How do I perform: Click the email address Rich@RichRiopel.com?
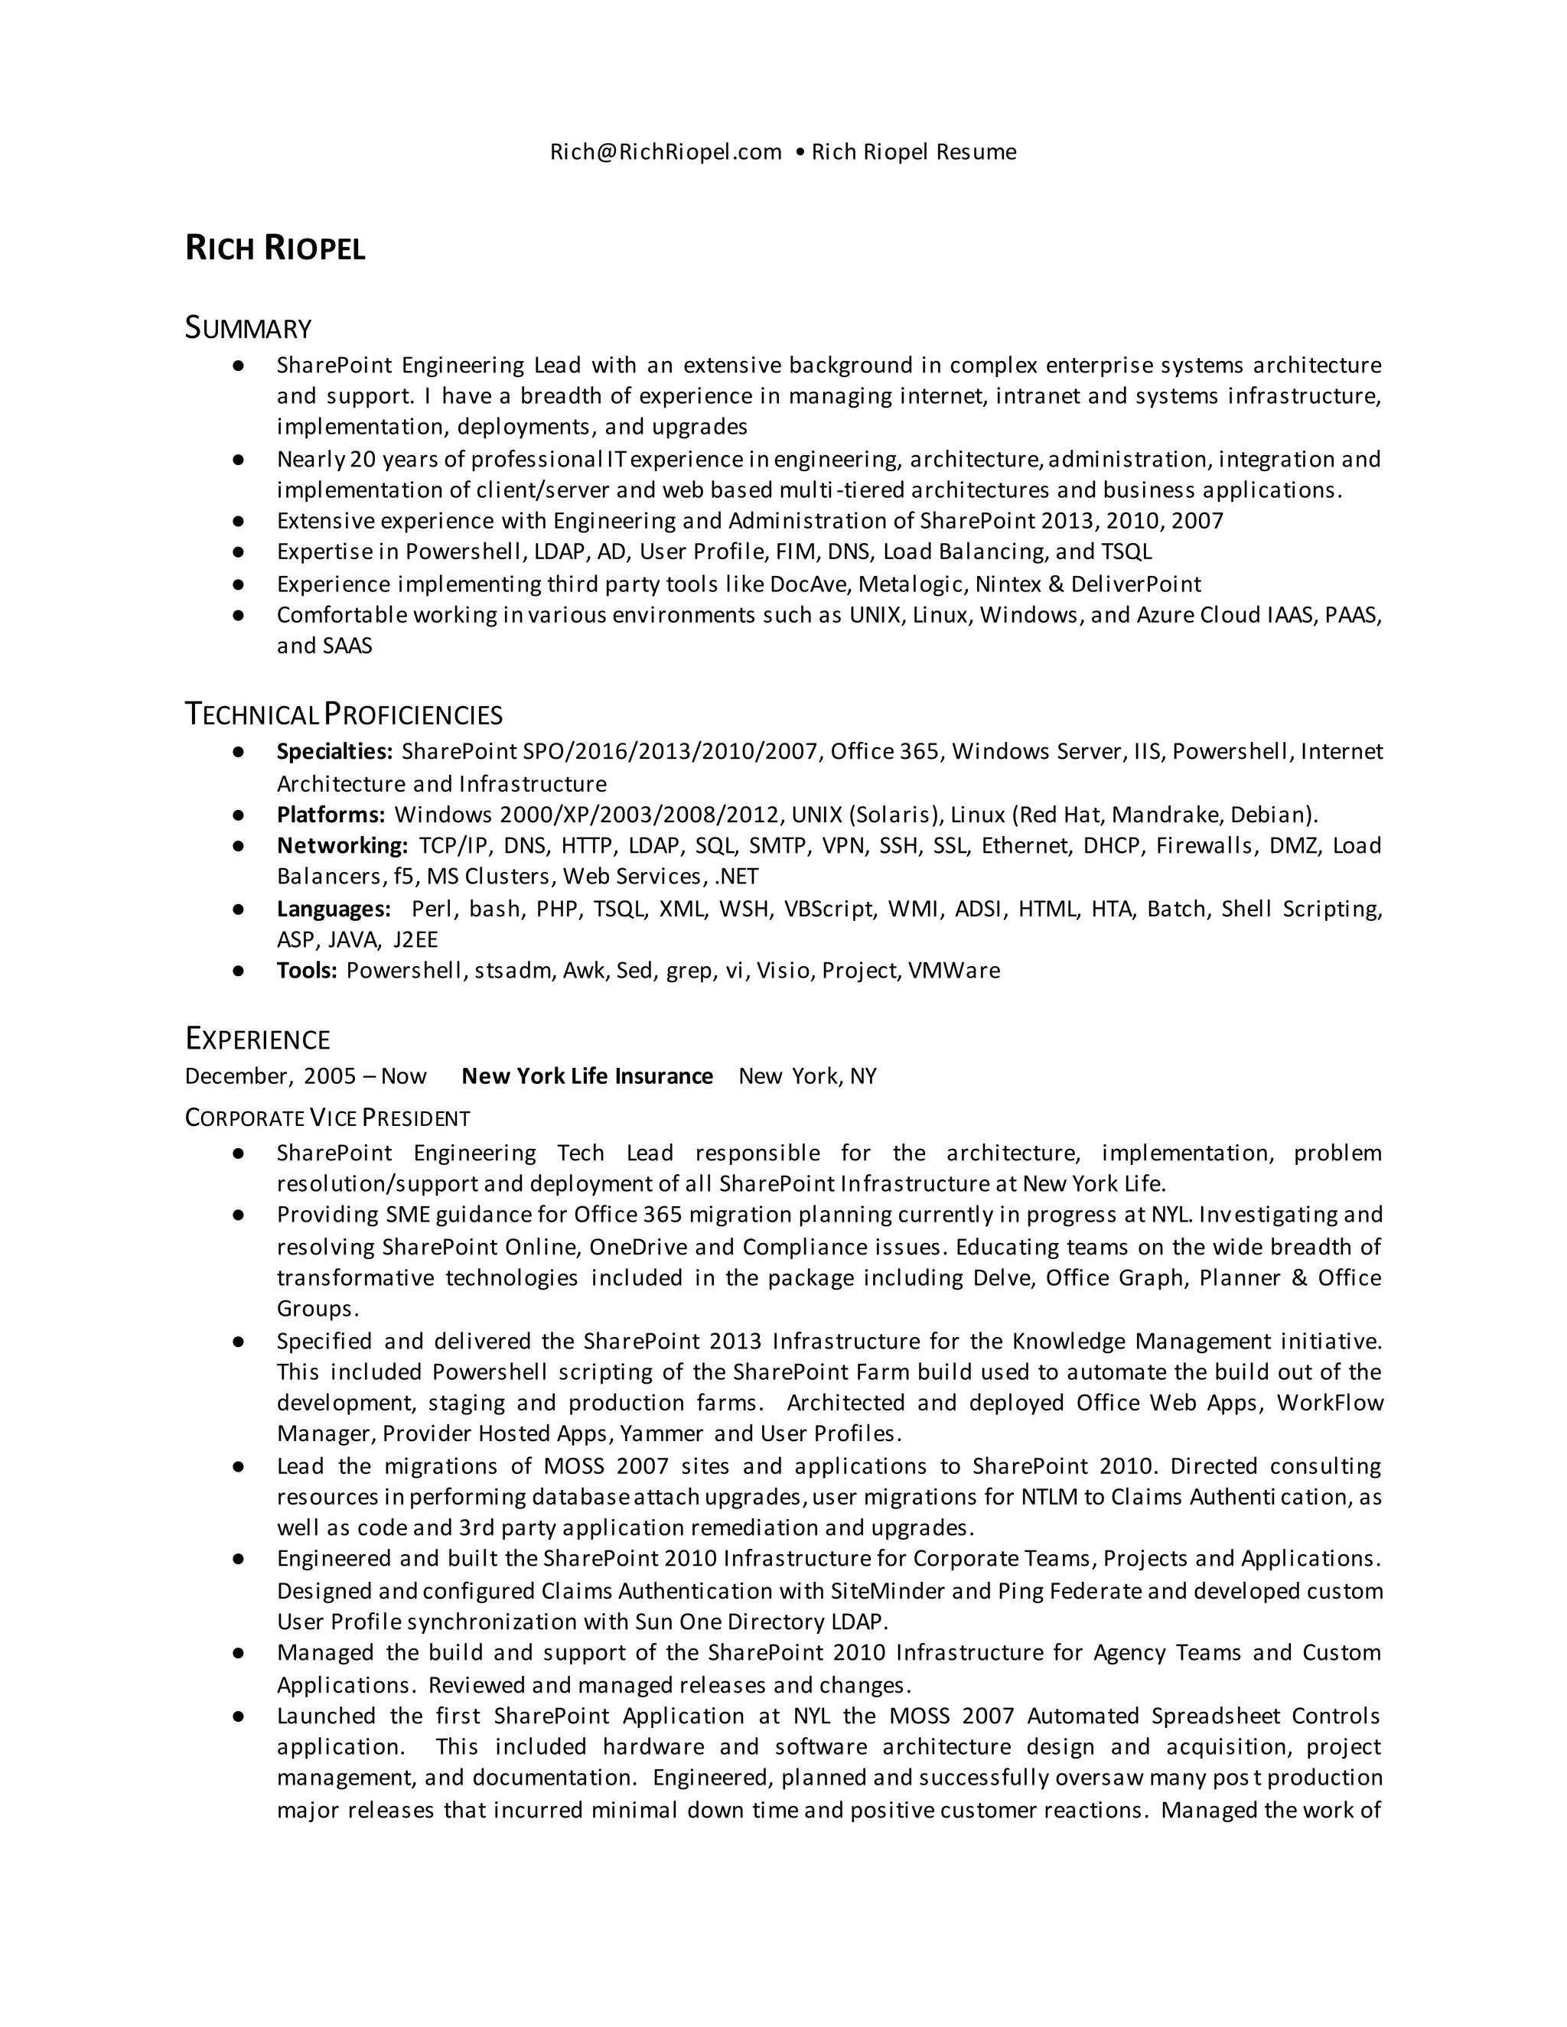(666, 152)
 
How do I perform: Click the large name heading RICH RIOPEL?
(275, 249)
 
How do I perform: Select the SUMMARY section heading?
(248, 329)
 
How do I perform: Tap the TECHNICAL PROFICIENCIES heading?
(344, 714)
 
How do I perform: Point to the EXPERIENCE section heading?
(257, 1040)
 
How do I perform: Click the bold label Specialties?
(334, 752)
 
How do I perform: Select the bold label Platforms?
(331, 815)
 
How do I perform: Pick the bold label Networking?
(341, 845)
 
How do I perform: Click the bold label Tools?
(306, 971)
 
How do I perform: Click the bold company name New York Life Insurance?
(587, 1077)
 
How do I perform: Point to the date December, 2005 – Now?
(305, 1077)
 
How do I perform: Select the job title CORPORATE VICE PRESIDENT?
(327, 1118)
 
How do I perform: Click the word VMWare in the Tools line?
(953, 971)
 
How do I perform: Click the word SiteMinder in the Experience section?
(888, 1592)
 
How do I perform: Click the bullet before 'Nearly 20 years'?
(239, 460)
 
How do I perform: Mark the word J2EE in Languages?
(415, 939)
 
